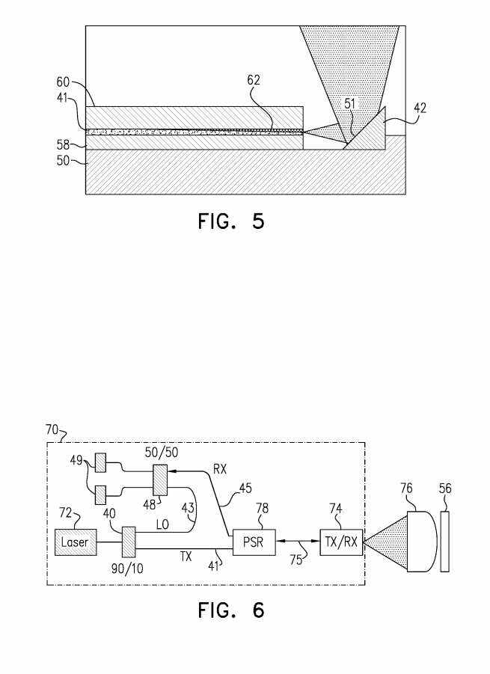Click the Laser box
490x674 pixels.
click(76, 542)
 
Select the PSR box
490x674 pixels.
click(254, 542)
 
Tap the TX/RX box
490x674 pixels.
click(341, 542)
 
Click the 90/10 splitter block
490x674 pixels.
click(129, 542)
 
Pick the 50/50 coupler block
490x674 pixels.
click(160, 480)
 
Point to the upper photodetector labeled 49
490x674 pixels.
click(100, 463)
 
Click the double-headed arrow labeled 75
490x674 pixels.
click(298, 542)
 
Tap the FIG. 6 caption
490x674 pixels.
click(231, 610)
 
